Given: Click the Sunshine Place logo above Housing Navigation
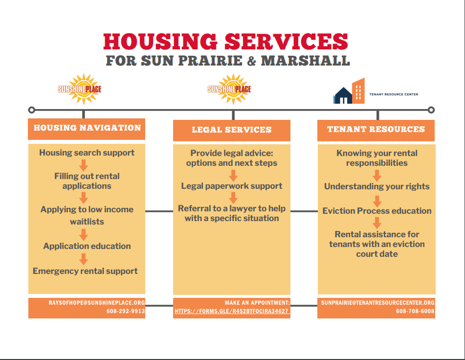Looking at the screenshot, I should click(80, 89).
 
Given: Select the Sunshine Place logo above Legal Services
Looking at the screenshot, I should click(229, 89).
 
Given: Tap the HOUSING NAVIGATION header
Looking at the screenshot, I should click(87, 128).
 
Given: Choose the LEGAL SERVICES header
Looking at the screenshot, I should click(231, 130).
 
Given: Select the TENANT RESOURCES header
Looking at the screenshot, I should click(376, 130).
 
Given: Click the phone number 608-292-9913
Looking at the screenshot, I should click(126, 311).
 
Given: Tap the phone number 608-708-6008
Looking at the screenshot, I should click(415, 311).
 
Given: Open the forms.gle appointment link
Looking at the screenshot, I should click(231, 311).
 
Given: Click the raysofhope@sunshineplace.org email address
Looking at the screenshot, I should click(97, 303).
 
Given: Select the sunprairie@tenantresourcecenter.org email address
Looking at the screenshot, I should click(377, 303).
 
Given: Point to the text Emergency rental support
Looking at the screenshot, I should click(85, 271).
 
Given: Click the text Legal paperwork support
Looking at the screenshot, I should click(232, 186).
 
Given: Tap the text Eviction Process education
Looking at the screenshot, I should click(377, 211).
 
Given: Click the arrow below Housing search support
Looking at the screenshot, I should click(84, 165).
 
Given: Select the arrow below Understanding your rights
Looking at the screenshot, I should click(377, 200).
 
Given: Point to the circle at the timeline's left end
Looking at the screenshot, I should click(32, 110).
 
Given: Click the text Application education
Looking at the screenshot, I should click(87, 246).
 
